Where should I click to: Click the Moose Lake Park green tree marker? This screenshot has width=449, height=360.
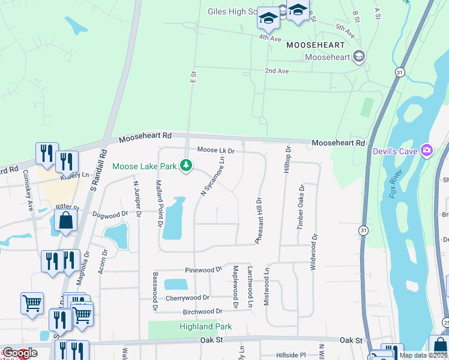186,166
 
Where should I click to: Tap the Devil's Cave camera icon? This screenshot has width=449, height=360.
427,149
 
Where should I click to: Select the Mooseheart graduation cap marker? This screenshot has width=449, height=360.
360,57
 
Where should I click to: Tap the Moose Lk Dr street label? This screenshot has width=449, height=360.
215,151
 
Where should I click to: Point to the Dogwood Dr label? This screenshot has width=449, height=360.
110,214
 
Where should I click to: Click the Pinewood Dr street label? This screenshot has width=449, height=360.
203,270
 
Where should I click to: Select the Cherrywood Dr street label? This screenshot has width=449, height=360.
188,298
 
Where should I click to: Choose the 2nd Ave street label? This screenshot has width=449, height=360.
277,71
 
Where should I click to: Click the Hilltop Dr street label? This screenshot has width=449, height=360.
288,160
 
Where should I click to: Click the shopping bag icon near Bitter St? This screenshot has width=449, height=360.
65,221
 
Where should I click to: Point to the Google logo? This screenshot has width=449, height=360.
20,353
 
